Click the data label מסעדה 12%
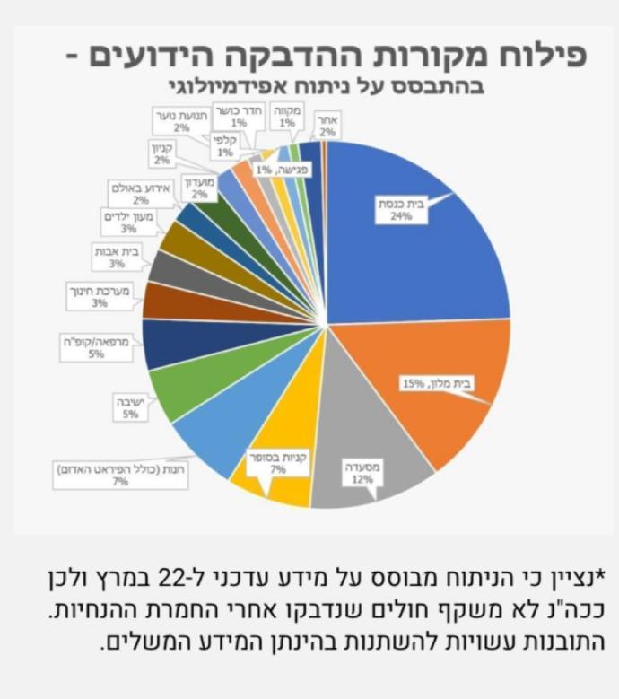[362, 473]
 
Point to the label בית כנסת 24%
[397, 209]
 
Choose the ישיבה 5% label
[131, 408]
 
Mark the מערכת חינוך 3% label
[99, 297]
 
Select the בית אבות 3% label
[115, 258]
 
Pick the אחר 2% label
[327, 125]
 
